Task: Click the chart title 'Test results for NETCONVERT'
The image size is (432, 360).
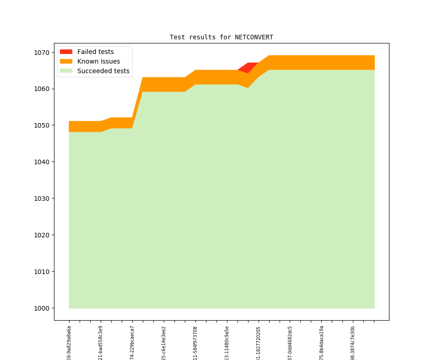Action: pyautogui.click(x=221, y=37)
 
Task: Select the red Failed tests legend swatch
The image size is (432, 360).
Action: pyautogui.click(x=66, y=52)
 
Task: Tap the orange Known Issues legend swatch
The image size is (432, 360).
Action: pyautogui.click(x=66, y=61)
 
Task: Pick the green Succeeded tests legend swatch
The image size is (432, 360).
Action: pyautogui.click(x=66, y=71)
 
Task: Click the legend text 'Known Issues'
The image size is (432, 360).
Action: pyautogui.click(x=98, y=61)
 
